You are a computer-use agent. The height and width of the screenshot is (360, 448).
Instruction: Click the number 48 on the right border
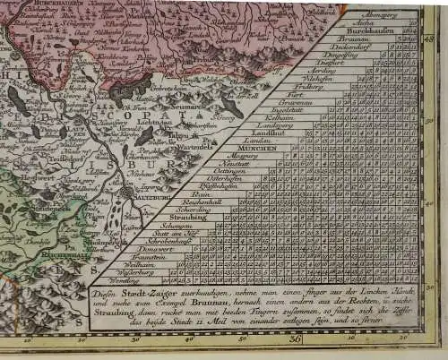[x=428, y=38]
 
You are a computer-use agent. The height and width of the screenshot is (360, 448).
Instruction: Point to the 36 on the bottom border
[x=296, y=339]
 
